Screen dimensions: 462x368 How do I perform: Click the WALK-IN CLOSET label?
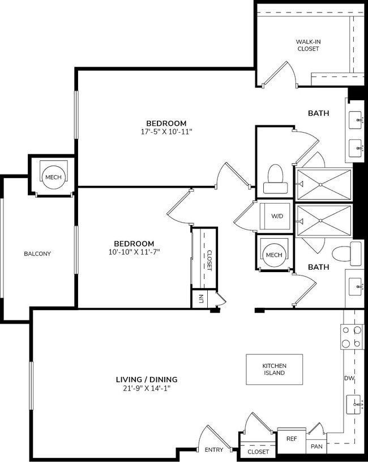pyautogui.click(x=308, y=45)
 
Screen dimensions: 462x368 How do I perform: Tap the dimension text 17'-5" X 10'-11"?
pyautogui.click(x=166, y=132)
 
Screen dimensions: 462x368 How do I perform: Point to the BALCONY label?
pyautogui.click(x=37, y=253)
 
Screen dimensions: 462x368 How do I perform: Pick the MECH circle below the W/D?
pyautogui.click(x=273, y=255)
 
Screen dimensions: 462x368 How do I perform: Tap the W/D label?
pyautogui.click(x=277, y=216)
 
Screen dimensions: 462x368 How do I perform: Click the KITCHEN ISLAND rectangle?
pyautogui.click(x=274, y=369)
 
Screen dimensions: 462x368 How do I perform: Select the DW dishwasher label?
pyautogui.click(x=349, y=379)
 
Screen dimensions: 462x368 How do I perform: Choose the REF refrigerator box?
pyautogui.click(x=292, y=438)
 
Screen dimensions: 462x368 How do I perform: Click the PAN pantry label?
pyautogui.click(x=316, y=447)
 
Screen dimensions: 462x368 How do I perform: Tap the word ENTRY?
pyautogui.click(x=214, y=450)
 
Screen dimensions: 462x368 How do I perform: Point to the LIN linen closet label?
pyautogui.click(x=201, y=298)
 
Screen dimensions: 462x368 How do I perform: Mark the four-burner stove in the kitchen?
pyautogui.click(x=352, y=337)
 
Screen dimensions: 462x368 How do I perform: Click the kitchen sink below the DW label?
pyautogui.click(x=353, y=404)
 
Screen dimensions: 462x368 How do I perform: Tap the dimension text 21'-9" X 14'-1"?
pyautogui.click(x=147, y=389)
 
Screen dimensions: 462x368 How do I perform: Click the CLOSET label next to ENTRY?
pyautogui.click(x=258, y=452)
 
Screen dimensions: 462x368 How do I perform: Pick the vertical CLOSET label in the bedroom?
pyautogui.click(x=208, y=260)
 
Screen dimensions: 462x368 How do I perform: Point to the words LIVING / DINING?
pyautogui.click(x=147, y=379)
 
